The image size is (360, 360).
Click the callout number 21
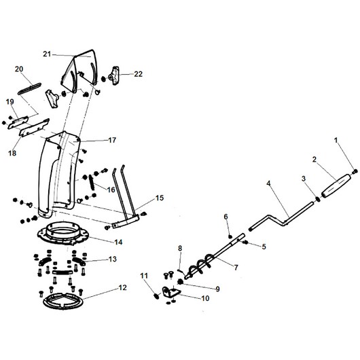click(x=47, y=54)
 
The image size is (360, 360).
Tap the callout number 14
click(x=118, y=242)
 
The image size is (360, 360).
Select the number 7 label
click(x=236, y=268)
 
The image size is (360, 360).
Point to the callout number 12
click(x=122, y=287)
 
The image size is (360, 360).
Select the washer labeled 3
click(x=318, y=199)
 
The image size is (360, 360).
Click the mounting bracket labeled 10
click(x=171, y=293)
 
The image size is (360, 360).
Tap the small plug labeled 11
click(x=156, y=296)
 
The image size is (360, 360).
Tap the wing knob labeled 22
click(x=115, y=75)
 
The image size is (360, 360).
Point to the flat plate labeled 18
click(x=35, y=128)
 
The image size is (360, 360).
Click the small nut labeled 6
click(x=230, y=236)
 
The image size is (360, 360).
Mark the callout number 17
click(x=112, y=140)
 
